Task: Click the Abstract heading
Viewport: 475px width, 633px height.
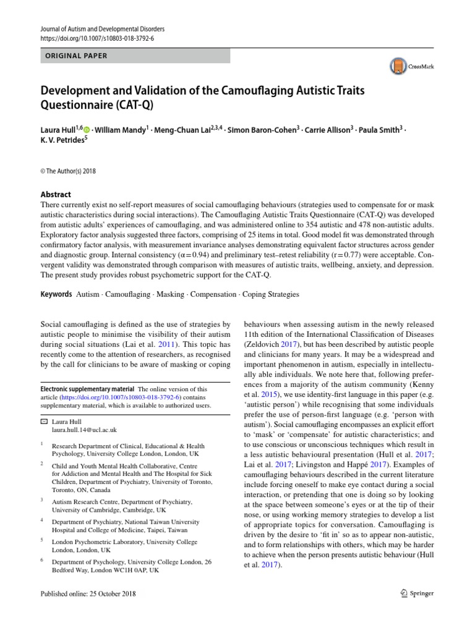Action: point(55,193)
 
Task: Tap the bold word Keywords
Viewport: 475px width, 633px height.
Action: point(56,294)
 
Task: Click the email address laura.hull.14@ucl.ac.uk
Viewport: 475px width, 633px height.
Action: point(84,429)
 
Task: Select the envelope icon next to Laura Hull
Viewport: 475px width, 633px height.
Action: point(43,420)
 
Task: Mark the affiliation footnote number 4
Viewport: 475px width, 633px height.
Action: point(41,520)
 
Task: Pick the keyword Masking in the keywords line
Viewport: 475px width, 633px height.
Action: point(171,294)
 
